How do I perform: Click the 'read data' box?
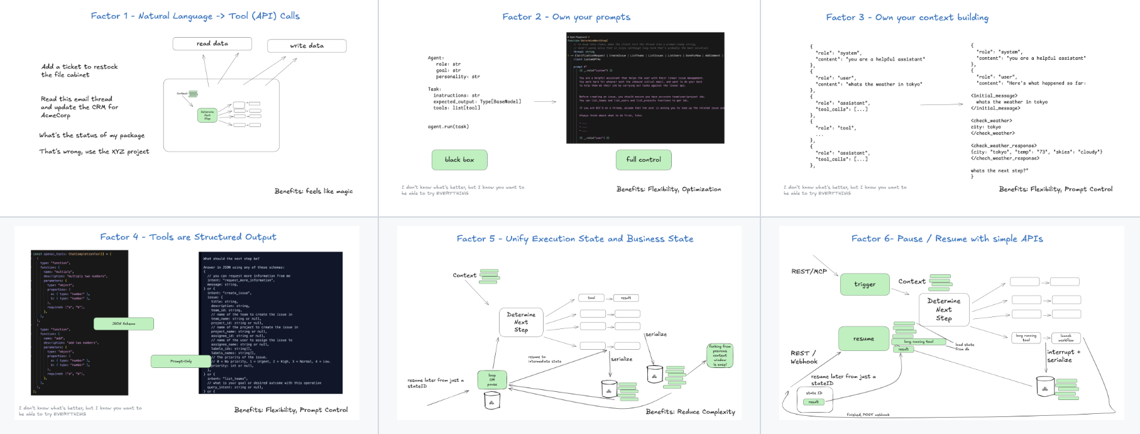pyautogui.click(x=212, y=43)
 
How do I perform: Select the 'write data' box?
pyautogui.click(x=307, y=46)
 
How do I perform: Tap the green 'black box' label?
pyautogui.click(x=459, y=160)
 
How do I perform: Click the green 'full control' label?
pyautogui.click(x=644, y=160)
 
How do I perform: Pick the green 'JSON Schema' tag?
pyautogui.click(x=124, y=323)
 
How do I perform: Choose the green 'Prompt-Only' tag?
pyautogui.click(x=180, y=361)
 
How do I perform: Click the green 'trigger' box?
pyautogui.click(x=865, y=284)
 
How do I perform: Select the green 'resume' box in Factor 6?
pyautogui.click(x=863, y=339)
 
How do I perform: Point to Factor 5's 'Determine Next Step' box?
pyautogui.click(x=521, y=322)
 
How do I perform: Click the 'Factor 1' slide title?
pyautogui.click(x=195, y=16)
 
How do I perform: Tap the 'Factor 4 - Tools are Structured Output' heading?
pyautogui.click(x=188, y=237)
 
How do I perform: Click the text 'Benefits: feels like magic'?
pyautogui.click(x=314, y=191)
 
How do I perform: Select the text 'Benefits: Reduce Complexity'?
pyautogui.click(x=690, y=412)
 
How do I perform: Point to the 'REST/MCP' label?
pyautogui.click(x=809, y=271)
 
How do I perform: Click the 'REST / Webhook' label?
pyautogui.click(x=804, y=357)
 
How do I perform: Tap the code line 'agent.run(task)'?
pyautogui.click(x=448, y=126)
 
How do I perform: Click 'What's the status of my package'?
pyautogui.click(x=92, y=135)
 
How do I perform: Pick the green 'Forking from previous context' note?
pyautogui.click(x=720, y=355)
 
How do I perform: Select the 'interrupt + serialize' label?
pyautogui.click(x=1063, y=356)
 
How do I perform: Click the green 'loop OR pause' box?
pyautogui.click(x=491, y=379)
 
